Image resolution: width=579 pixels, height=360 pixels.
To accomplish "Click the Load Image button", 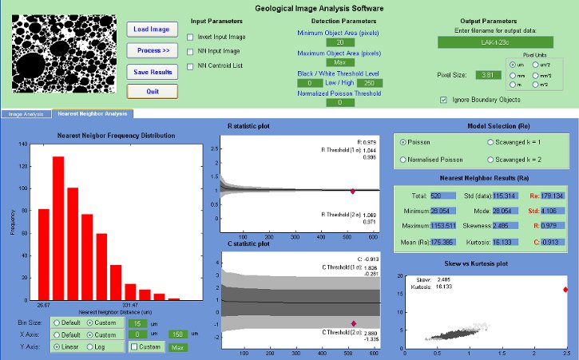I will pyautogui.click(x=152, y=30).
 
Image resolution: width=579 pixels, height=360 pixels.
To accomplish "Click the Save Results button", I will pyautogui.click(x=152, y=71).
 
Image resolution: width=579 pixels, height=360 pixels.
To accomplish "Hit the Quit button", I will pyautogui.click(x=152, y=91).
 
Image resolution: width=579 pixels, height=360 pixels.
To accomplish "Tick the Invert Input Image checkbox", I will pyautogui.click(x=189, y=37).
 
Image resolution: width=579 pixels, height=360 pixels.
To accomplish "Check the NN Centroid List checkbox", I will pyautogui.click(x=189, y=65).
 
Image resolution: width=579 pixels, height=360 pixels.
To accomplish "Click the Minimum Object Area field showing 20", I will pyautogui.click(x=340, y=42).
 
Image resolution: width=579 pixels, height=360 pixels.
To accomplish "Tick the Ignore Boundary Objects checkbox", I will pyautogui.click(x=444, y=100).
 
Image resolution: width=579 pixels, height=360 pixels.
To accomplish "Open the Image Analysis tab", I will pyautogui.click(x=26, y=114).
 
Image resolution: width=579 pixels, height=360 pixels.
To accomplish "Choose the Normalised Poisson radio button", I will pyautogui.click(x=403, y=160).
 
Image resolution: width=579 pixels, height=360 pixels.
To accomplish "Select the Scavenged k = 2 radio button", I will pyautogui.click(x=490, y=160).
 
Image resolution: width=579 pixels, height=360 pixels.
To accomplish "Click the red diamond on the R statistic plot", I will pyautogui.click(x=353, y=192).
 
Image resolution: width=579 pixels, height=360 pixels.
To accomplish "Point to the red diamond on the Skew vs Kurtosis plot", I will pyautogui.click(x=565, y=290).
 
